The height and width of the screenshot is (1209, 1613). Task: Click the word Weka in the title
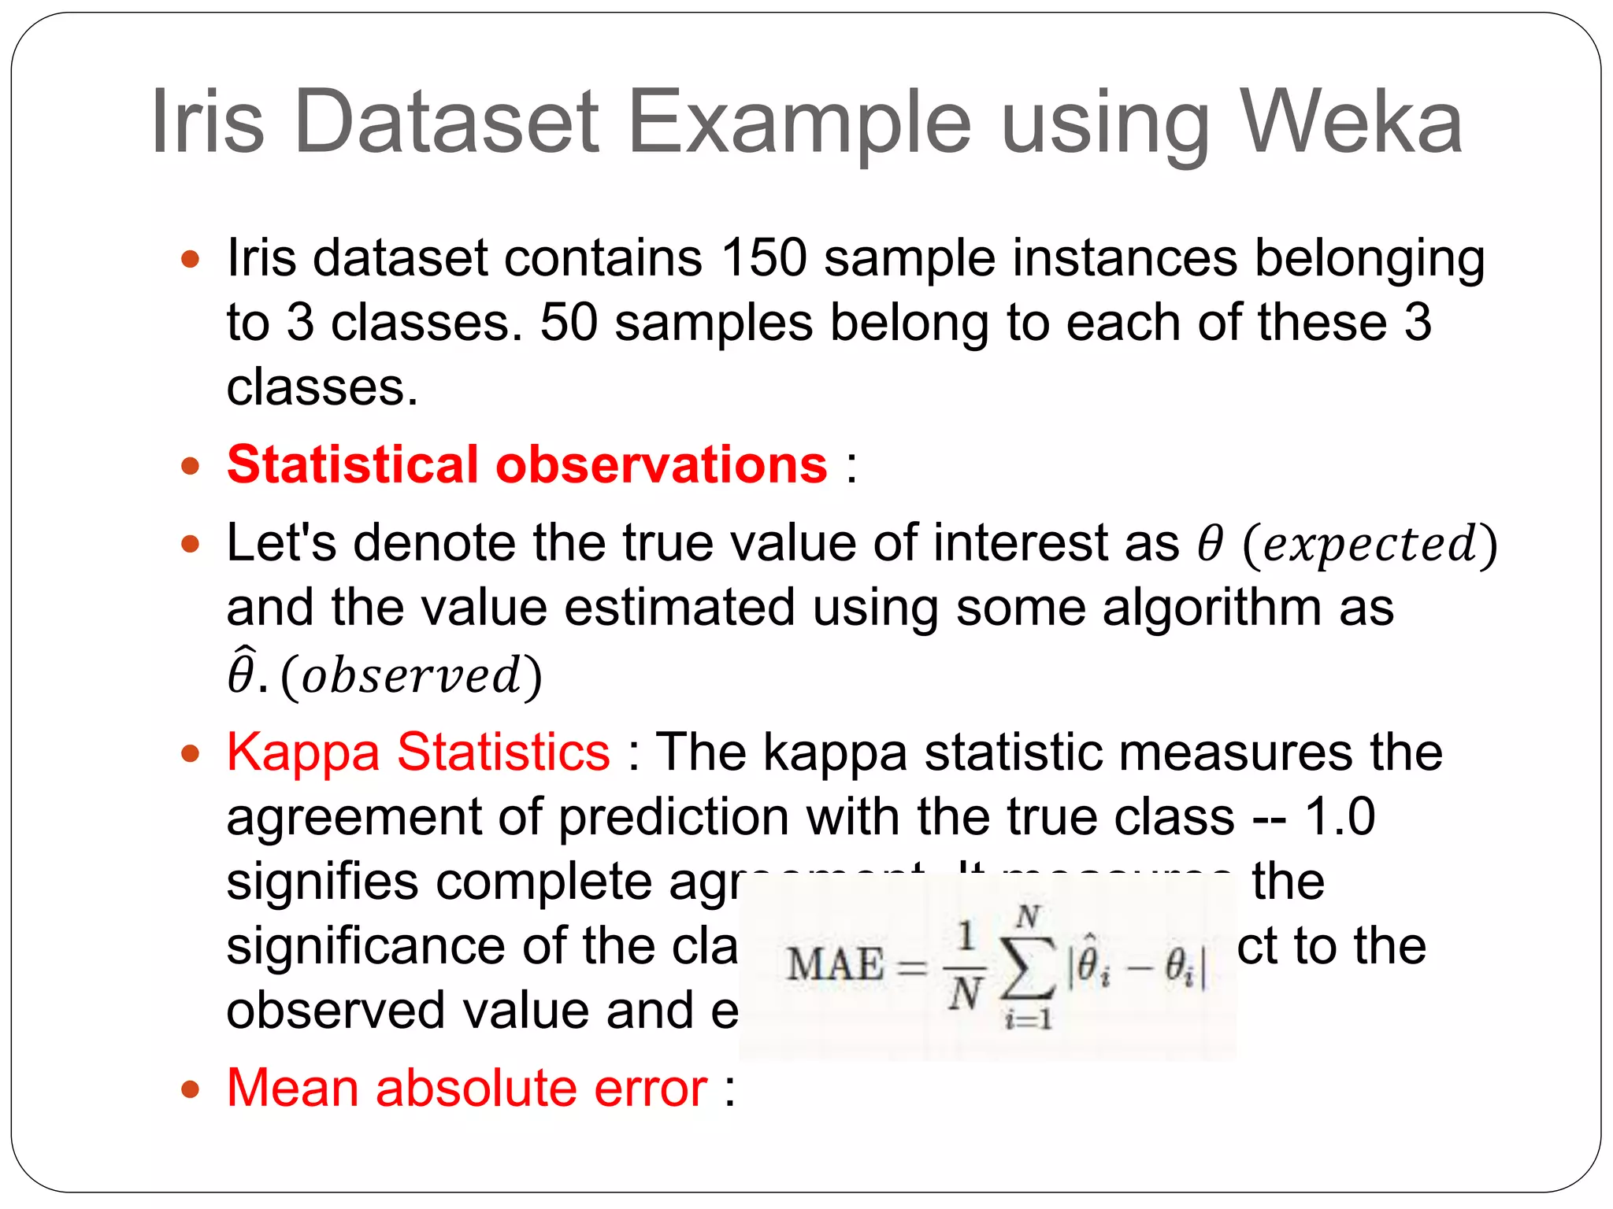coord(1351,122)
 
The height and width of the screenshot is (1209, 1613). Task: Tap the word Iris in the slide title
coord(207,122)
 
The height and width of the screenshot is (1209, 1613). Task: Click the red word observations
coord(662,464)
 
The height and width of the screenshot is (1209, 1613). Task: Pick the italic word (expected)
coord(1370,544)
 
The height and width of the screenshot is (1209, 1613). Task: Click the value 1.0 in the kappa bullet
coord(1340,816)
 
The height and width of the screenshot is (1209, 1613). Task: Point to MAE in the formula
coord(835,964)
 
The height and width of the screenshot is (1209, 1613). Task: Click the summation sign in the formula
coord(1029,967)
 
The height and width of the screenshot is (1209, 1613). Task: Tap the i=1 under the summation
coord(1029,1020)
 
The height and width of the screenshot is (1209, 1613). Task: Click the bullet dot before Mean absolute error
coord(190,1090)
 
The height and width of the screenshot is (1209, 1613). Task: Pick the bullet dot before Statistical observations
coord(190,466)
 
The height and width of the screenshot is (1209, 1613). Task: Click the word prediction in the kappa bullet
coord(673,816)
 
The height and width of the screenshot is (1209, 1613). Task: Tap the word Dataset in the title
coord(446,122)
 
